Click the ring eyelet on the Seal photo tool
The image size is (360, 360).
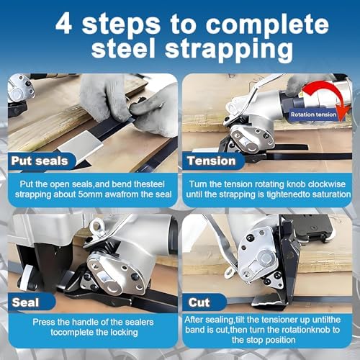click(96, 230)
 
